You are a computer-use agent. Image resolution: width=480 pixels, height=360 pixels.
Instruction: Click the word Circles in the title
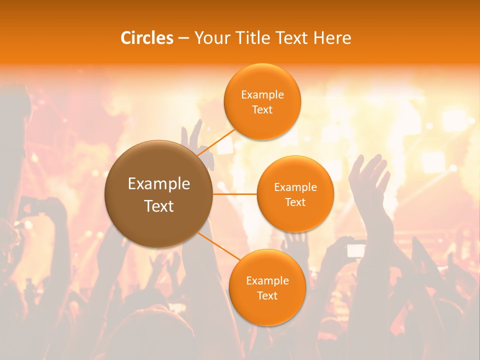pyautogui.click(x=147, y=38)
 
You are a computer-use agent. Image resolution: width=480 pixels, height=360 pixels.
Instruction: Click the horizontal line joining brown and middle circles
pyautogui.click(x=235, y=194)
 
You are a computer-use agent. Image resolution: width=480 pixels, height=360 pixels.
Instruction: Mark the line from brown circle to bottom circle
pyautogui.click(x=216, y=245)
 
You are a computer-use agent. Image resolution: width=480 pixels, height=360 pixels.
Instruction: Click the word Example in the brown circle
pyautogui.click(x=159, y=184)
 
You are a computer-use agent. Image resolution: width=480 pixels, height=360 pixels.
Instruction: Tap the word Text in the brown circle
pyautogui.click(x=159, y=206)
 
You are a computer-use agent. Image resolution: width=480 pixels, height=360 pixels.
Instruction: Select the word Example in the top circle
pyautogui.click(x=262, y=95)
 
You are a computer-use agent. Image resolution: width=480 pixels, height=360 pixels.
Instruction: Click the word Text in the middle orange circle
pyautogui.click(x=295, y=202)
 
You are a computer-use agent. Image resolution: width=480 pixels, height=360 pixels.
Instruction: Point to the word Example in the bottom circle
pyautogui.click(x=267, y=281)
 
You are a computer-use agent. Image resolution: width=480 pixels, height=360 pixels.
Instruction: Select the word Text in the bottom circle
pyautogui.click(x=267, y=296)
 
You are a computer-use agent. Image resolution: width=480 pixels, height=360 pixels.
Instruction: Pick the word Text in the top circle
pyautogui.click(x=262, y=110)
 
